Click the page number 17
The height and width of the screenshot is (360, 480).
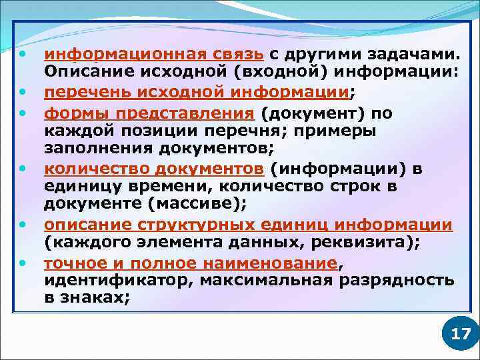461,333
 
